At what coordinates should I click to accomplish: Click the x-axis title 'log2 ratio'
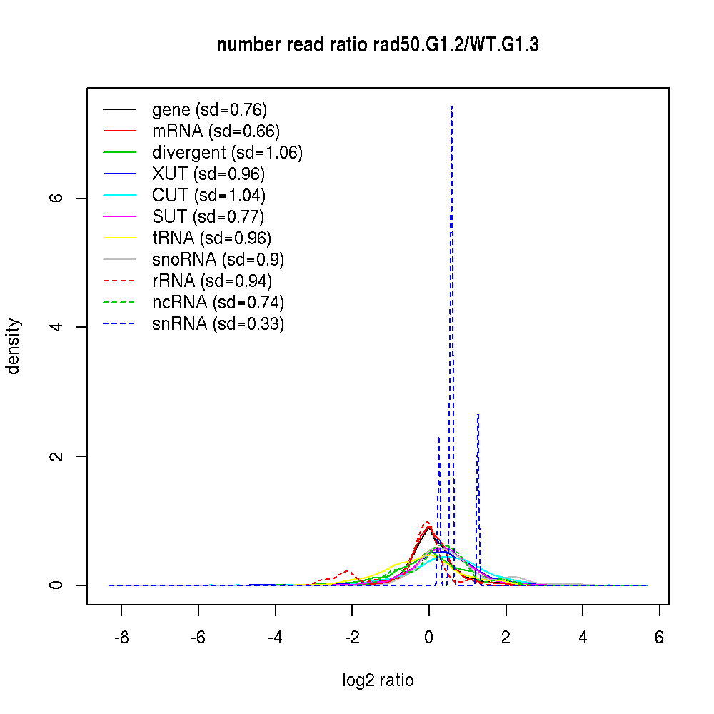coord(378,680)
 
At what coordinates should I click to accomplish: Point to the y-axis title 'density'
coord(14,346)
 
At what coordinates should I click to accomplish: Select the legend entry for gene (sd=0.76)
coord(209,110)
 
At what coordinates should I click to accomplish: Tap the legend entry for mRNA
coord(216,131)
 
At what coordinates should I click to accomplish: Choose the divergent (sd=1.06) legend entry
coord(227,153)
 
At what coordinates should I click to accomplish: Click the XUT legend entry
coord(208,174)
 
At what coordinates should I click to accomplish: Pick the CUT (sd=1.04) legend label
coord(208,196)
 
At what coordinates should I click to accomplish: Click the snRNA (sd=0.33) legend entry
coord(218,324)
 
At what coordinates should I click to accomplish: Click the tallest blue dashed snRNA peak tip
coord(451,106)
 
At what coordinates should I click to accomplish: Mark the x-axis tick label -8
coord(121,637)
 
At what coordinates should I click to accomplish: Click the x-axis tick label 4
coord(583,637)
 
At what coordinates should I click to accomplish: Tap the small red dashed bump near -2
coord(347,571)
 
